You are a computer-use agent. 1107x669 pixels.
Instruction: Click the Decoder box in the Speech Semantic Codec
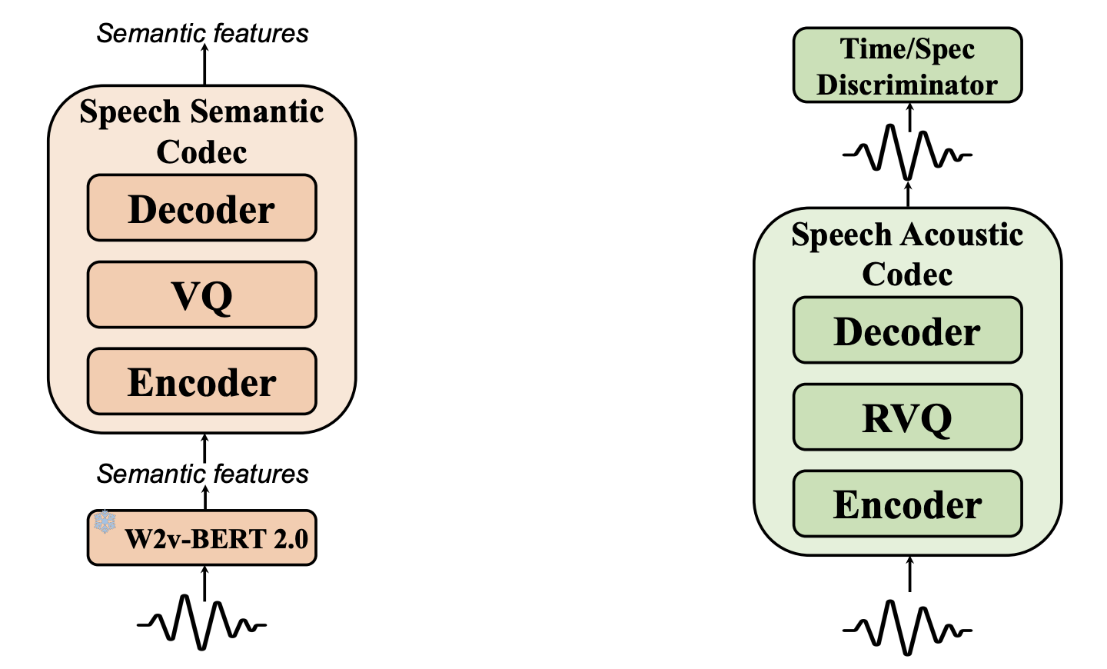pyautogui.click(x=201, y=208)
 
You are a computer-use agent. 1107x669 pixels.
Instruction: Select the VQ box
pyautogui.click(x=201, y=295)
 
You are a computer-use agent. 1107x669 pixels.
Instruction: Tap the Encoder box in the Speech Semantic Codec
pyautogui.click(x=201, y=382)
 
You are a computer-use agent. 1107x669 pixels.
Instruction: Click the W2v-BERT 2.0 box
pyautogui.click(x=201, y=538)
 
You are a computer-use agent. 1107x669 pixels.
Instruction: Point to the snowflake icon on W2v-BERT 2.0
pyautogui.click(x=105, y=522)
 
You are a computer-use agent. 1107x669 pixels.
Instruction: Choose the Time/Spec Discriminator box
pyautogui.click(x=907, y=65)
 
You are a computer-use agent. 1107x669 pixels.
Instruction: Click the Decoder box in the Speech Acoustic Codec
pyautogui.click(x=907, y=331)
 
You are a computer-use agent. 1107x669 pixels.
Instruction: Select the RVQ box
pyautogui.click(x=907, y=418)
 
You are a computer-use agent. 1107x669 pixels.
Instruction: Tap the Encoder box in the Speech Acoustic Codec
pyautogui.click(x=907, y=504)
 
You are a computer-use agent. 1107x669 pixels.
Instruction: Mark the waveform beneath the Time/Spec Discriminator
pyautogui.click(x=907, y=154)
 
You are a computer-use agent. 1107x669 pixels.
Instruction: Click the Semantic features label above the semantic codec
pyautogui.click(x=202, y=34)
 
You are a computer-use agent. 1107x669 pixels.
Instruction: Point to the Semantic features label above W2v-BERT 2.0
pyautogui.click(x=202, y=474)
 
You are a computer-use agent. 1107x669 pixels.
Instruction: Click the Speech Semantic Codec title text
pyautogui.click(x=201, y=131)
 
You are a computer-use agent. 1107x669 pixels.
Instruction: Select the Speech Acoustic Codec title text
pyautogui.click(x=907, y=254)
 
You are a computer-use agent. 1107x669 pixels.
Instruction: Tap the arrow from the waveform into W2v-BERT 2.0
pyautogui.click(x=204, y=582)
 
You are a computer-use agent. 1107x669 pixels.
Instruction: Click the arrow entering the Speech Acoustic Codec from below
pyautogui.click(x=909, y=574)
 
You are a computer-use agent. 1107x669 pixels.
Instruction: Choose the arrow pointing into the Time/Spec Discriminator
pyautogui.click(x=910, y=115)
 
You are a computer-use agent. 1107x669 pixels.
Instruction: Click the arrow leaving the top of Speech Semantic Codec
pyautogui.click(x=204, y=65)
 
